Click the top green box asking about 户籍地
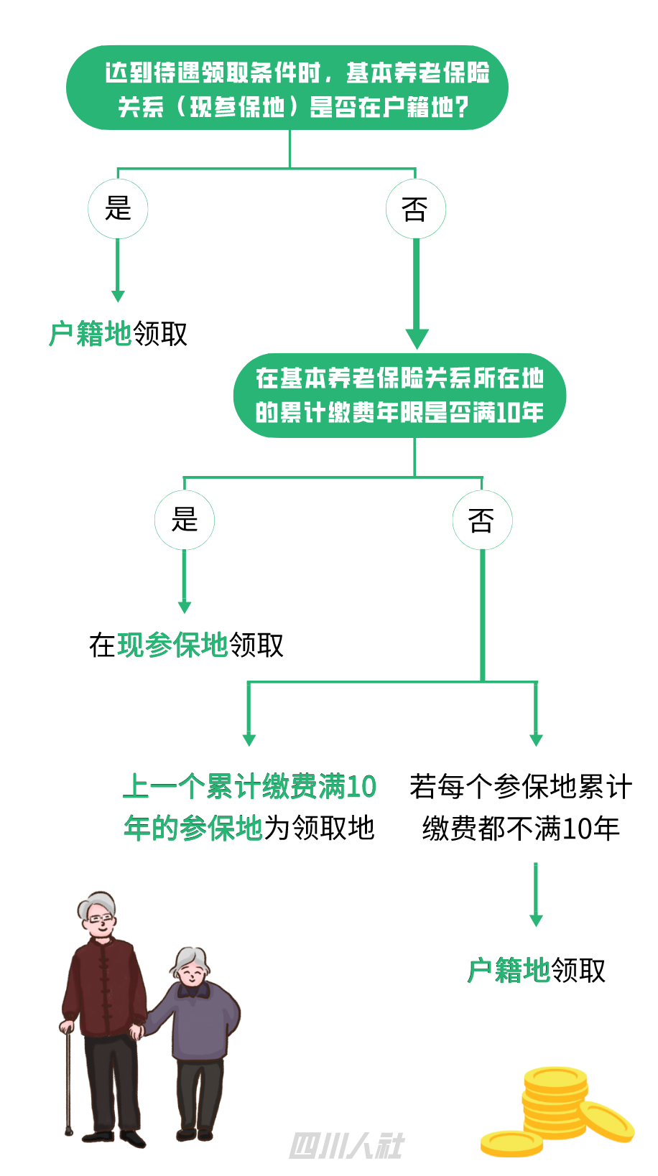click(x=287, y=88)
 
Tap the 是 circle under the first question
click(x=118, y=209)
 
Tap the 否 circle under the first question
click(x=416, y=209)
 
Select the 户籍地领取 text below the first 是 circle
click(x=119, y=334)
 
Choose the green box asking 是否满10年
click(x=399, y=395)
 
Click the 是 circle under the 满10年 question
click(x=185, y=520)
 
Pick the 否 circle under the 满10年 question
click(x=482, y=520)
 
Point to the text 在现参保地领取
click(x=186, y=645)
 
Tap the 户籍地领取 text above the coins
click(x=536, y=971)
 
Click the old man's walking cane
click(x=69, y=1077)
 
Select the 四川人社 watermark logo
click(x=346, y=1146)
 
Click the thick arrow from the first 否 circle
click(x=417, y=294)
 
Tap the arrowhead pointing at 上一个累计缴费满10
click(x=249, y=739)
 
